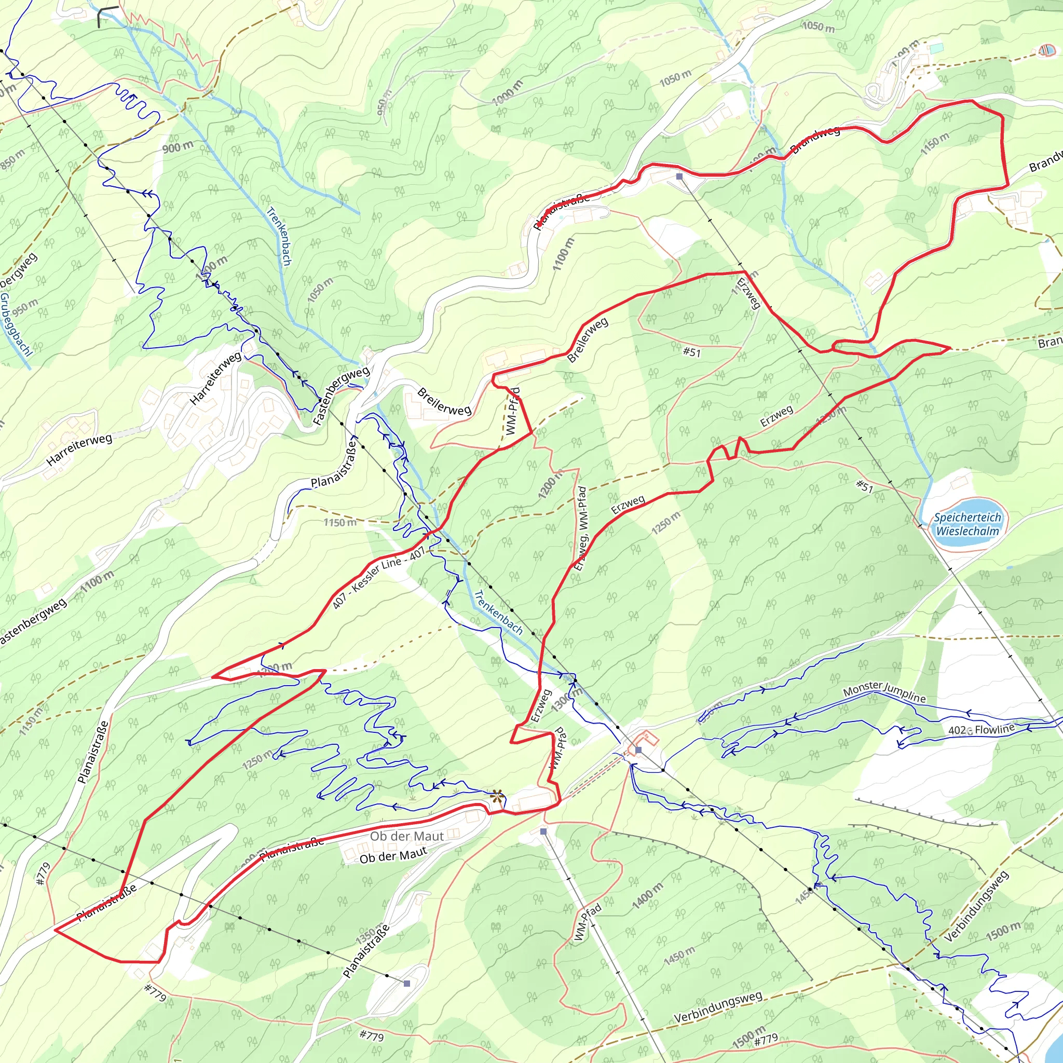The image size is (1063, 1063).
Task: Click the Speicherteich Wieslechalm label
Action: (x=967, y=524)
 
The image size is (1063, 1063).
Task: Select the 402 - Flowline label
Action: (x=981, y=730)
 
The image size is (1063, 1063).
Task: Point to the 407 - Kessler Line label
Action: (x=378, y=577)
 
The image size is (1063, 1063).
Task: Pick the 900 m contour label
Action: (x=177, y=147)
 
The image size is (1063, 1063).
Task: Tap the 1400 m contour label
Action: (x=648, y=896)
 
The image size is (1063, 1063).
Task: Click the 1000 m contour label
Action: (x=507, y=92)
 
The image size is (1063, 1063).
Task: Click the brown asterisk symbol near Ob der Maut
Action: (x=497, y=796)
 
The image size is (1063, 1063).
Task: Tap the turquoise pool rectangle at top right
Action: (x=936, y=48)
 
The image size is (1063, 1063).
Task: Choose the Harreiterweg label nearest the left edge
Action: (x=79, y=449)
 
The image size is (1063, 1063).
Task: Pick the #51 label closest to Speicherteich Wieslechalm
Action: (x=864, y=486)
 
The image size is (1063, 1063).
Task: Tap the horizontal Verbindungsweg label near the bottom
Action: (x=718, y=1007)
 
